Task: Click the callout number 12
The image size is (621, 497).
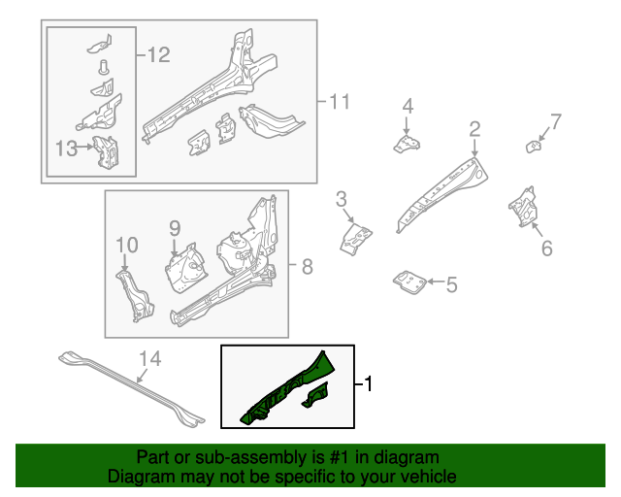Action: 158,55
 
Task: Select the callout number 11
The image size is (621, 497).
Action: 338,101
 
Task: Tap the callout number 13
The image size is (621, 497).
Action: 66,148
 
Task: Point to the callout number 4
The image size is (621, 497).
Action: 408,106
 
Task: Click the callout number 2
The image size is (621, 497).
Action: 474,129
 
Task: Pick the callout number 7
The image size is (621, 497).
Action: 556,121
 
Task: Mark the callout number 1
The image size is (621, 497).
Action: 369,385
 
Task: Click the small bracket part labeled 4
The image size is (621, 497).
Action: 407,145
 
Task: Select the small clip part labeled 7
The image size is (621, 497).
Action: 533,147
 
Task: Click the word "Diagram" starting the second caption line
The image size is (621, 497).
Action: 140,477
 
